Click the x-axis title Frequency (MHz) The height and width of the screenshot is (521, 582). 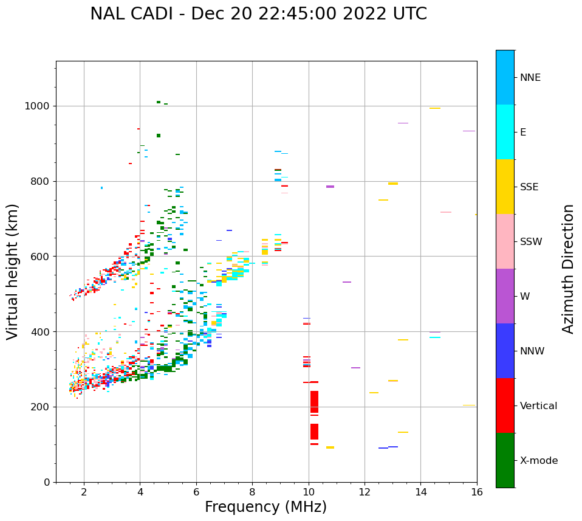click(x=265, y=507)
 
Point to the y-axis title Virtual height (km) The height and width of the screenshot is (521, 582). click(x=13, y=271)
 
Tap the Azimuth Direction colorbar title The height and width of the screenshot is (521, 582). click(x=568, y=268)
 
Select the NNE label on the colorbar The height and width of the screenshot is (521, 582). click(x=530, y=78)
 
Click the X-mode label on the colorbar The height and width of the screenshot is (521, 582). click(x=538, y=461)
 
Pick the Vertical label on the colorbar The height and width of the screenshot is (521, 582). click(x=538, y=406)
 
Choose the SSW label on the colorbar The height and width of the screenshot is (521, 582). click(x=531, y=242)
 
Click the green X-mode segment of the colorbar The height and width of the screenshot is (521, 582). click(x=505, y=460)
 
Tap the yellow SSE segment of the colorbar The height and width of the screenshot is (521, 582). click(x=505, y=187)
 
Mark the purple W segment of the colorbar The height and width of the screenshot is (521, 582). click(x=505, y=296)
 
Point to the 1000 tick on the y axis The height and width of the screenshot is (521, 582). click(x=39, y=106)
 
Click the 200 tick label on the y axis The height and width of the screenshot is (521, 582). click(x=42, y=407)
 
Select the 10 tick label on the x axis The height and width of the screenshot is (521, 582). click(x=309, y=492)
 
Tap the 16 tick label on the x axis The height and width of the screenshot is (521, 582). click(x=477, y=492)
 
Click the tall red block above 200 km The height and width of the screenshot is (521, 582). click(x=314, y=402)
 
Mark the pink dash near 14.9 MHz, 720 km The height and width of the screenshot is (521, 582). click(x=446, y=212)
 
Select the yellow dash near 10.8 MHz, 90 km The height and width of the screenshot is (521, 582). click(x=330, y=447)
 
